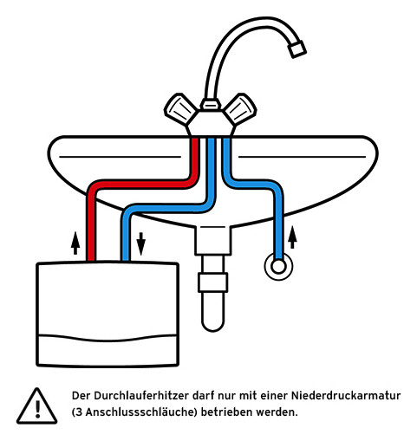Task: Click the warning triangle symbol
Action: pos(36,405)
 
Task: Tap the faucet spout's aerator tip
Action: pos(297,49)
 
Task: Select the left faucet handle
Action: pos(180,108)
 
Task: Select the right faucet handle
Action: pos(240,108)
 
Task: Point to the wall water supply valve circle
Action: pos(278,267)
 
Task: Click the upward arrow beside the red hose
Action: pos(75,243)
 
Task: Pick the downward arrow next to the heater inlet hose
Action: pos(140,243)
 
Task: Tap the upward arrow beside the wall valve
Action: pos(292,237)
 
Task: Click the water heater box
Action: pos(108,314)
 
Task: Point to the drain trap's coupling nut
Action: pos(213,282)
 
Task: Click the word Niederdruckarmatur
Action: pos(346,395)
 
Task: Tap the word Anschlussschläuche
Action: pos(140,412)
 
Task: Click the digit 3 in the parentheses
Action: pos(79,412)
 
